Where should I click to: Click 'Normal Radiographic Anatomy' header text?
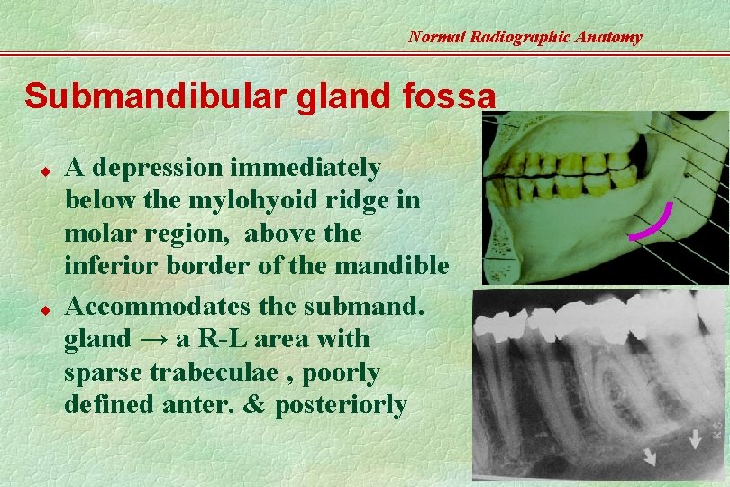(x=525, y=37)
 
